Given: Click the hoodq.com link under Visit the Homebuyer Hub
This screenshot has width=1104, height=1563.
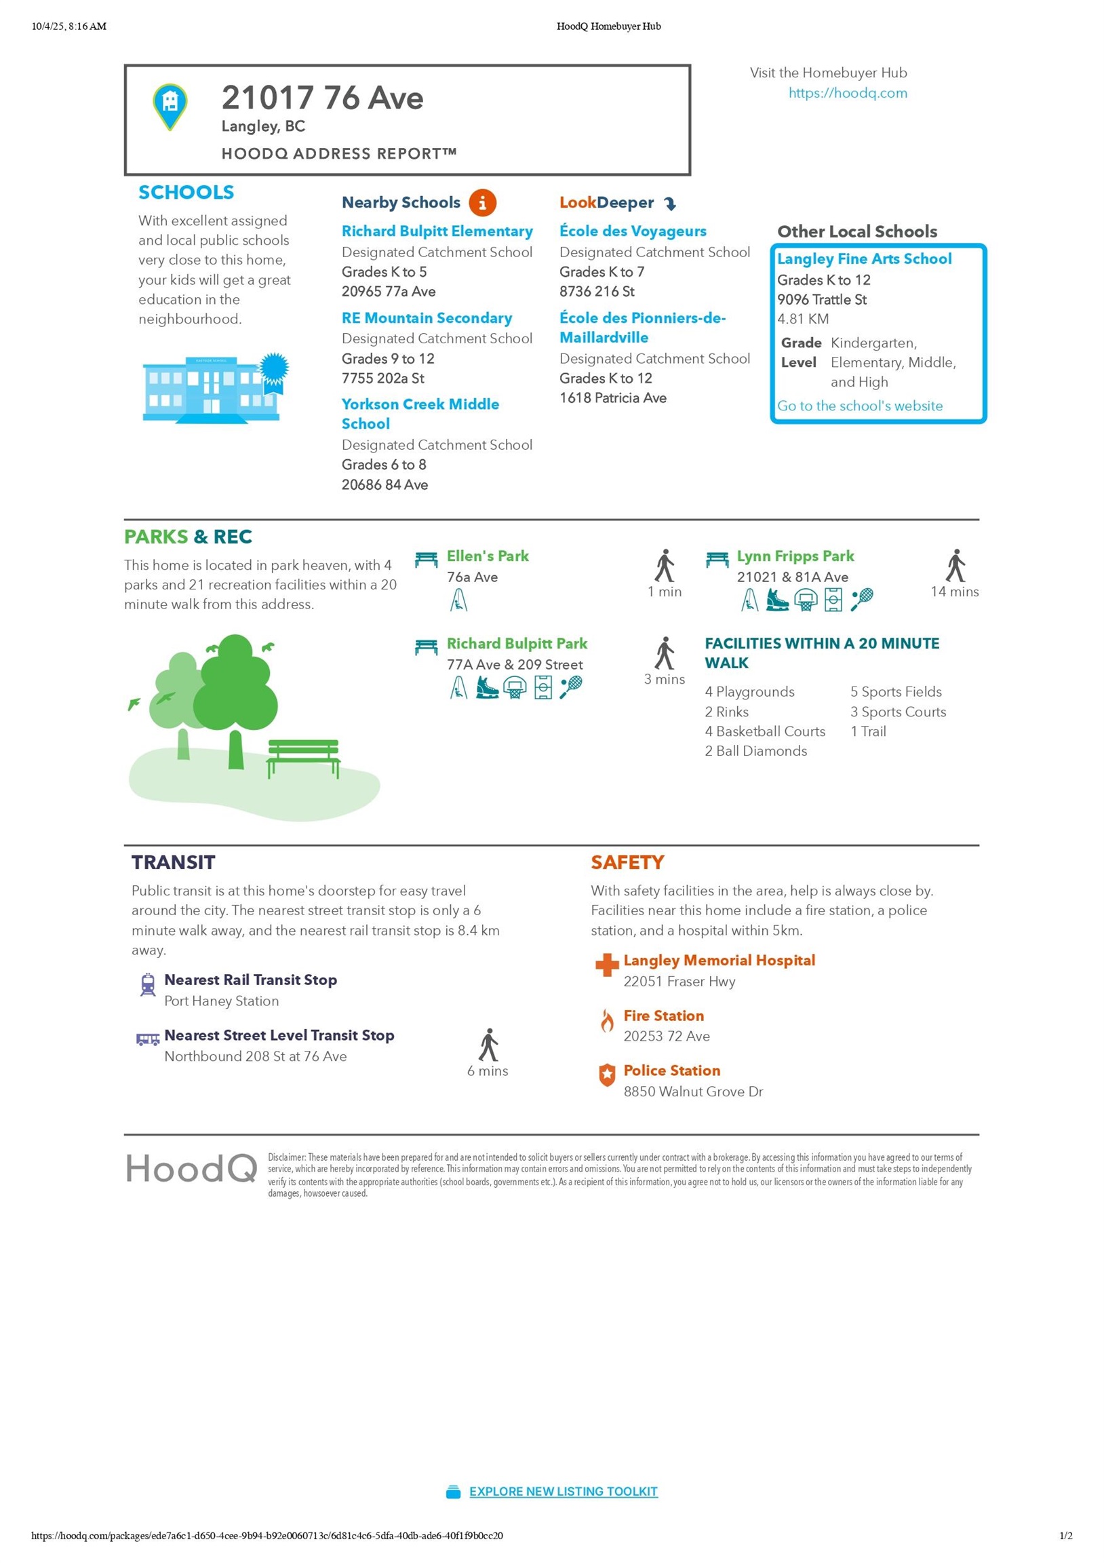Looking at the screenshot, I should click(848, 92).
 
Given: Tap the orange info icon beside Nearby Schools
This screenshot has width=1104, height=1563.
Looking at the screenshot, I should click(482, 202).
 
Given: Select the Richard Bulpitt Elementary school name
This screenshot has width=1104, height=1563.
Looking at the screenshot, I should click(437, 231).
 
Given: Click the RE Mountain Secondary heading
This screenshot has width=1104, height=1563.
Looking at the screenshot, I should click(427, 318).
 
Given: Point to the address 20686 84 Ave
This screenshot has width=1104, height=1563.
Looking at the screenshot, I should click(385, 484).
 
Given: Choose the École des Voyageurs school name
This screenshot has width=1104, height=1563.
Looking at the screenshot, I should click(632, 231).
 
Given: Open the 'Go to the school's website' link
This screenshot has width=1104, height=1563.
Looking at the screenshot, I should click(860, 406).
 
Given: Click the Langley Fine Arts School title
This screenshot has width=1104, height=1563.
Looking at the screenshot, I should click(864, 258).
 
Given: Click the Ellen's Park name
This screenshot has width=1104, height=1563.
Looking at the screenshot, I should click(488, 556).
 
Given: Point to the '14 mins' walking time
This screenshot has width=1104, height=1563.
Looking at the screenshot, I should click(954, 592).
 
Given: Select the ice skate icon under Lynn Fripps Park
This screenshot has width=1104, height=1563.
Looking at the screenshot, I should click(776, 600).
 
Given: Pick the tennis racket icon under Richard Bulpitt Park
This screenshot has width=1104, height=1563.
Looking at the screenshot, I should click(570, 688).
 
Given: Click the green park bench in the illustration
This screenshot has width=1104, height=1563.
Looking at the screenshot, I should click(304, 756).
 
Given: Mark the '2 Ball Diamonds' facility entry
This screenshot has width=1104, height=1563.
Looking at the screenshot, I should click(755, 751).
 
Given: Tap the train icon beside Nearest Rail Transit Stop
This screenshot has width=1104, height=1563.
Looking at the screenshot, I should click(148, 984).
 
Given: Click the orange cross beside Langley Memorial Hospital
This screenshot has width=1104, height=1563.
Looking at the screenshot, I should click(606, 965).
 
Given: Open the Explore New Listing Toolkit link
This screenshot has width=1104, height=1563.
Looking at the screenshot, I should click(563, 1492).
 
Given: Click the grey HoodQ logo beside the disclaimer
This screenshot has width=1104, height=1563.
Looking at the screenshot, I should click(191, 1169).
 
